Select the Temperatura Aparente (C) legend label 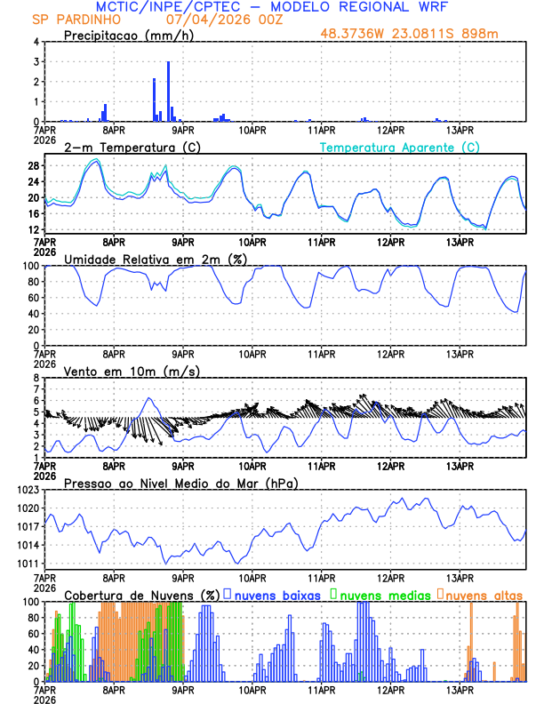click(399, 147)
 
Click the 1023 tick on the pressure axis click(27, 490)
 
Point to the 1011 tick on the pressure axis click(27, 564)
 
